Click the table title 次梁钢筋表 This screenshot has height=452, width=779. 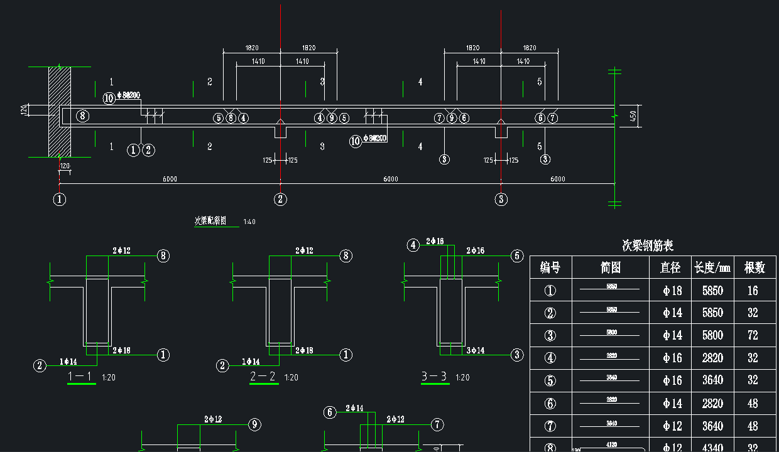pyautogui.click(x=647, y=245)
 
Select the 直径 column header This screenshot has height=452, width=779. pyautogui.click(x=670, y=267)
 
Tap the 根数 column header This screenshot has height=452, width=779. pyautogui.click(x=754, y=267)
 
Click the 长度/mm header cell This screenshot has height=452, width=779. pyautogui.click(x=712, y=267)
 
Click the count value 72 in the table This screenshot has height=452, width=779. pyautogui.click(x=753, y=335)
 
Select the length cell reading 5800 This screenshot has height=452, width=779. pyautogui.click(x=712, y=335)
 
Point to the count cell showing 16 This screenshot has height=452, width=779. pyautogui.click(x=753, y=291)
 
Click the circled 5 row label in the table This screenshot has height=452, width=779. pyautogui.click(x=550, y=380)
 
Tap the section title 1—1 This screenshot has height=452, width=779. pyautogui.click(x=80, y=377)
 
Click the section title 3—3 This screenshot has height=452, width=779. pyautogui.click(x=434, y=377)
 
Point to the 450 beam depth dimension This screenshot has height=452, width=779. pyautogui.click(x=633, y=116)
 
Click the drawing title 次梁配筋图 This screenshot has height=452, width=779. pyautogui.click(x=210, y=221)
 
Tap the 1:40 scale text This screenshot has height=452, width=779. pyautogui.click(x=249, y=222)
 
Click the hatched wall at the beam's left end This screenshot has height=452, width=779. pyautogui.click(x=60, y=112)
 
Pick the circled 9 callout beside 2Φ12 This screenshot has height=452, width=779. pyautogui.click(x=254, y=425)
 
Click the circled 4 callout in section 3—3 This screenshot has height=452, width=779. pyautogui.click(x=413, y=245)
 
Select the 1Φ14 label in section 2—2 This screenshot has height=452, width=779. pyautogui.click(x=251, y=362)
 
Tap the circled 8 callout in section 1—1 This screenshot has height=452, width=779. pyautogui.click(x=163, y=256)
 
